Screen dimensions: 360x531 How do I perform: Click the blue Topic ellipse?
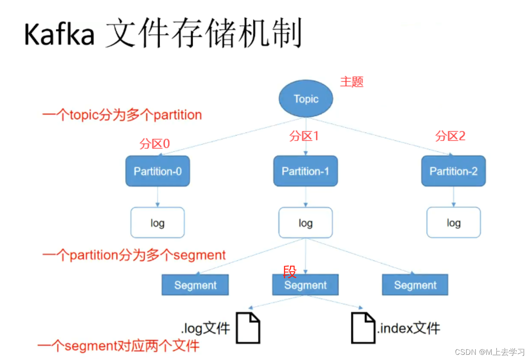306,99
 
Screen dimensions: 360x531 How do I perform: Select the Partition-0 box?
157,171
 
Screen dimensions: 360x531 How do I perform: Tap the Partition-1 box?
305,171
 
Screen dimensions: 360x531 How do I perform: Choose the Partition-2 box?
453,171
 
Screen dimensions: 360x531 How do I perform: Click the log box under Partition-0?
157,223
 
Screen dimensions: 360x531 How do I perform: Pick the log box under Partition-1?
305,223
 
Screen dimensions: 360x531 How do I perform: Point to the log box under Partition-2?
453,223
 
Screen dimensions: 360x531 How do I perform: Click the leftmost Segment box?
195,285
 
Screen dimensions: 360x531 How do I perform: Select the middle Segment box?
305,285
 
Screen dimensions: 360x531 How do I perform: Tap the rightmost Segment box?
415,285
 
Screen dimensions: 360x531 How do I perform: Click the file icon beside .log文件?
248,328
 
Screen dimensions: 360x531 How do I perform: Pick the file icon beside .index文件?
363,328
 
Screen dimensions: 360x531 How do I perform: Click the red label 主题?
352,82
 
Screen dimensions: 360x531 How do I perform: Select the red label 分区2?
450,137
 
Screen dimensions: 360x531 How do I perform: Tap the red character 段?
290,272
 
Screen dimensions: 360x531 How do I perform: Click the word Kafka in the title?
59,35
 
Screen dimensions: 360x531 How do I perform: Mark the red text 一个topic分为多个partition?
122,116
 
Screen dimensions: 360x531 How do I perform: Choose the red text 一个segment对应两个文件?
118,346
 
